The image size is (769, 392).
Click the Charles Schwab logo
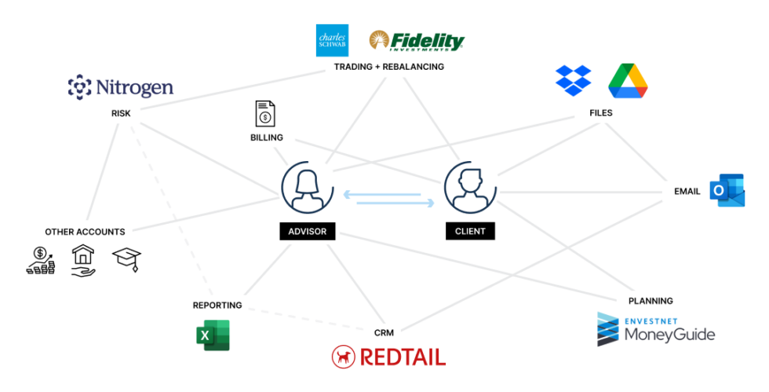pos(331,41)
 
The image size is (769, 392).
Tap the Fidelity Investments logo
pos(417,41)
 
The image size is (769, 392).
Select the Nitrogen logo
pos(120,87)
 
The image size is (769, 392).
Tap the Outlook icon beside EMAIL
pos(727,191)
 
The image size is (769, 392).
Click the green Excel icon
pos(213,335)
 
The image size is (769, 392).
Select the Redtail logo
pos(388,357)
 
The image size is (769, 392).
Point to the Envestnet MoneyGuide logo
pos(656,329)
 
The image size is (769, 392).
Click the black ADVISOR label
pos(308,232)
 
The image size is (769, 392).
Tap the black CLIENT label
pos(470,232)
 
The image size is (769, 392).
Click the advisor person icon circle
pos(308,187)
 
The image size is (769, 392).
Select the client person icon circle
pos(470,187)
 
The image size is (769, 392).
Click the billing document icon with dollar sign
pos(266,114)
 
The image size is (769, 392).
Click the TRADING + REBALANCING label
pos(388,67)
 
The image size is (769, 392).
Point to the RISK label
pos(121,113)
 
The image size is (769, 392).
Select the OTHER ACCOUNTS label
pos(85,232)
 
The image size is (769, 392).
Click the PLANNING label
pos(651,301)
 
